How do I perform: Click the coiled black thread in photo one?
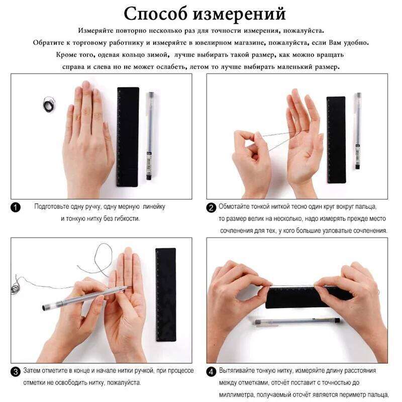pyautogui.click(x=49, y=105)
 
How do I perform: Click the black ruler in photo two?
pyautogui.click(x=336, y=139)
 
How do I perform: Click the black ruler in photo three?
pyautogui.click(x=165, y=293)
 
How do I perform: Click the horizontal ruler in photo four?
pyautogui.click(x=301, y=296)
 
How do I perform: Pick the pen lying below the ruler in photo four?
pyautogui.click(x=296, y=322)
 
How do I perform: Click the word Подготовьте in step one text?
pyautogui.click(x=52, y=207)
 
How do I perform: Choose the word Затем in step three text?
pyautogui.click(x=31, y=371)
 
